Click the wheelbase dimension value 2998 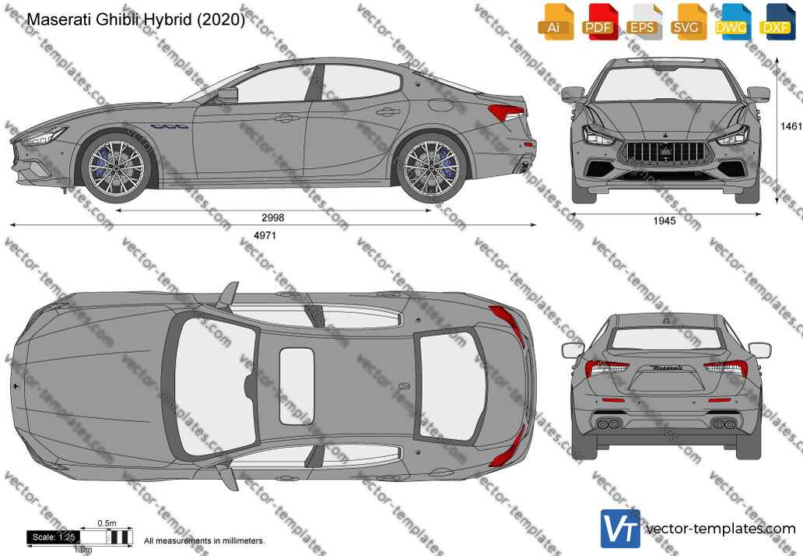point(272,218)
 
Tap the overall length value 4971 point(265,235)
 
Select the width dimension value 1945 point(664,221)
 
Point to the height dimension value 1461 point(791,126)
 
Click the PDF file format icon point(598,22)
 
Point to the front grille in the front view point(666,153)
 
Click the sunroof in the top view point(296,387)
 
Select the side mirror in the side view point(227,95)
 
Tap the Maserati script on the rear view point(667,368)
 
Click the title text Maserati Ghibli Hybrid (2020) point(135,19)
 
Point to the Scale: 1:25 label point(53,537)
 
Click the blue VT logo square point(620,528)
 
